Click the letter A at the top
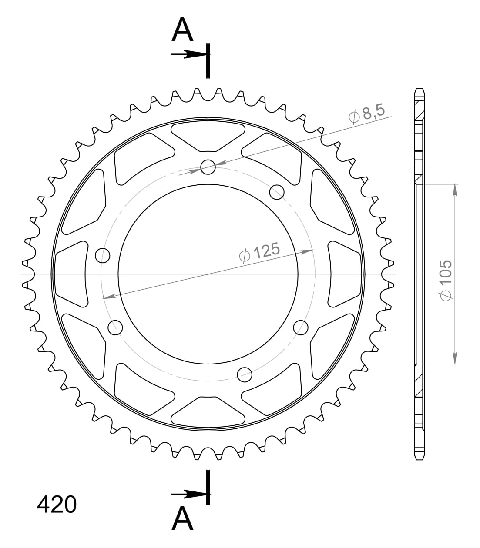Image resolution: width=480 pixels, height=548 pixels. click(183, 30)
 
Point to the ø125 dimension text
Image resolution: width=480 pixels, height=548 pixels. click(259, 253)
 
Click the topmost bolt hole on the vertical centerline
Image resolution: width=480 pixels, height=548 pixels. click(208, 167)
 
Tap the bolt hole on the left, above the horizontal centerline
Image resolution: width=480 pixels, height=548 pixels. click(103, 255)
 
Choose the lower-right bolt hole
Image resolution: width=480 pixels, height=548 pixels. click(301, 327)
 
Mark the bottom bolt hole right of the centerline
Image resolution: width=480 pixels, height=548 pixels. click(245, 373)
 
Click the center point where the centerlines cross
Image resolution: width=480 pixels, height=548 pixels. click(208, 274)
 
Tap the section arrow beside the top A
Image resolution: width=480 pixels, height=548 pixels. click(189, 54)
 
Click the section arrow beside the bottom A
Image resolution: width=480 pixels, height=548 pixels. click(189, 494)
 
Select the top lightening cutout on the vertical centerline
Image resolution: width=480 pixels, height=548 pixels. click(208, 136)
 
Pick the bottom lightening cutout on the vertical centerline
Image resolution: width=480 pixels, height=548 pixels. click(208, 411)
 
